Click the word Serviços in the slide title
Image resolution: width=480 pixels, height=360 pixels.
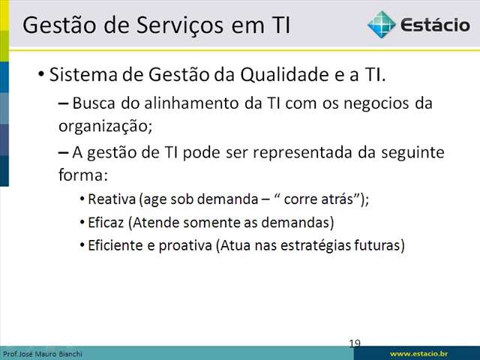[180, 25]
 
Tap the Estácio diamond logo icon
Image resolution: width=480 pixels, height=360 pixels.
[382, 25]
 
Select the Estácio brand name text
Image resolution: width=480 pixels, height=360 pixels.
[435, 25]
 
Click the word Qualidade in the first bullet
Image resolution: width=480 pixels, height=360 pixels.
[284, 74]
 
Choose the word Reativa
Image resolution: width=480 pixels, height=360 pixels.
[112, 199]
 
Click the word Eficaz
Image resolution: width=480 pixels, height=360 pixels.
[106, 223]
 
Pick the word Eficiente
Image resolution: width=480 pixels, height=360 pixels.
[115, 245]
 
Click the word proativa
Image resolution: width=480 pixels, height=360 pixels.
[185, 246]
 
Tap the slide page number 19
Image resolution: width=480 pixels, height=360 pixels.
[355, 343]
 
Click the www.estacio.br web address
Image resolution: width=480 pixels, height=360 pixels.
[418, 354]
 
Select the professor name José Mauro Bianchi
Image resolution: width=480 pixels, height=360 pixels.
[51, 354]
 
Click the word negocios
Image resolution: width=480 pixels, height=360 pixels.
[376, 104]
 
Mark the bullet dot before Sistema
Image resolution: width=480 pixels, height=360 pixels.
[40, 75]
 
